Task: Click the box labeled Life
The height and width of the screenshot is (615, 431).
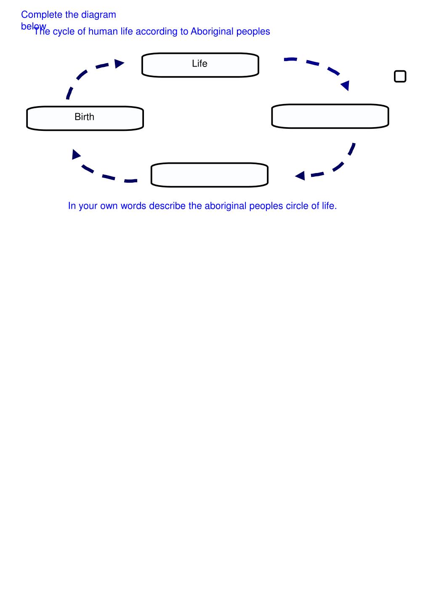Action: click(200, 65)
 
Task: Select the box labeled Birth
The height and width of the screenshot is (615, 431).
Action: click(85, 118)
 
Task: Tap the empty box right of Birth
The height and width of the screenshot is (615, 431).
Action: click(330, 116)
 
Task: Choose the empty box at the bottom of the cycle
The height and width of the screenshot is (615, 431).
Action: click(209, 175)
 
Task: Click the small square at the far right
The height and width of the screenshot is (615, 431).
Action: click(400, 76)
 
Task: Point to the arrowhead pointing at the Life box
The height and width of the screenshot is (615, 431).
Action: click(120, 64)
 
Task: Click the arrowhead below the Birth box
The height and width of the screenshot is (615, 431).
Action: click(76, 154)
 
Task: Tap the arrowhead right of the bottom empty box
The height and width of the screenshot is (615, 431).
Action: click(300, 176)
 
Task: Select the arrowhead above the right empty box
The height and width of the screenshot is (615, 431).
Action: click(346, 85)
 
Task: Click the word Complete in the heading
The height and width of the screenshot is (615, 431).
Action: click(42, 15)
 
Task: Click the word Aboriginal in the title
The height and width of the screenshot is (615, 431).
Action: click(209, 32)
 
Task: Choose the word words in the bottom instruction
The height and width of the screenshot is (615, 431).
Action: click(133, 206)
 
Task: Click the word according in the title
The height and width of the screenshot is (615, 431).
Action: click(156, 32)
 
